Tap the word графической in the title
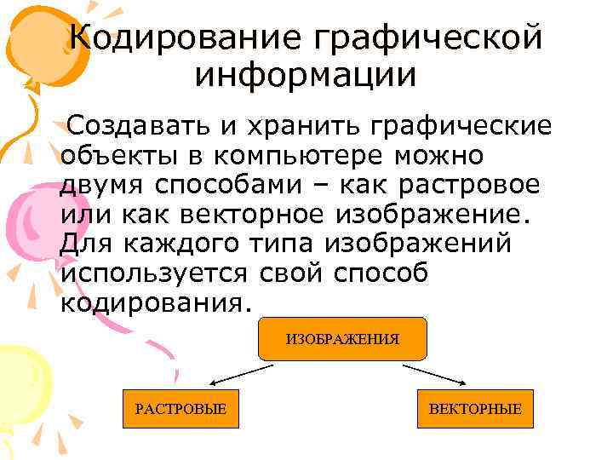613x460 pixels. click(x=426, y=37)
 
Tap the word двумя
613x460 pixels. click(x=103, y=186)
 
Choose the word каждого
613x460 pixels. click(x=181, y=244)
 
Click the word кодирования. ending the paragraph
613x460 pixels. click(x=158, y=302)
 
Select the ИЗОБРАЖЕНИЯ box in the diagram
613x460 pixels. click(x=341, y=338)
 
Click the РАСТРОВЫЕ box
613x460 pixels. click(x=180, y=409)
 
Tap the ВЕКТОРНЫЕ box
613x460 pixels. click(x=475, y=409)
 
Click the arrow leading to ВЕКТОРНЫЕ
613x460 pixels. click(x=435, y=376)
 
